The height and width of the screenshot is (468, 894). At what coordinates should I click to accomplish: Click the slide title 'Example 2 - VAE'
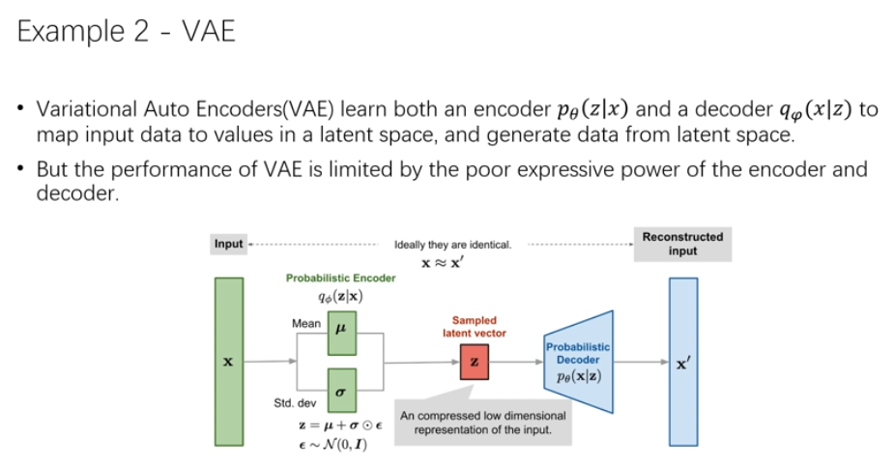127,33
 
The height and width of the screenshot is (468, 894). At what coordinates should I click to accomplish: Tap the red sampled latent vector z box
473,361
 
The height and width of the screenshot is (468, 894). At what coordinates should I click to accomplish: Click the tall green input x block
229,361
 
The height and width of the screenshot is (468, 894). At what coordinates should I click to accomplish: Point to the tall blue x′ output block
682,361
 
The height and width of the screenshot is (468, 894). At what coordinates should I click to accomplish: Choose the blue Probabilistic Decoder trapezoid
578,361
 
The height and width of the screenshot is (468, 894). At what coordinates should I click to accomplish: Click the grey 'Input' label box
228,244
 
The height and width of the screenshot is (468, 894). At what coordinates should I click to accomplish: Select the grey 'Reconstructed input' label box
681,244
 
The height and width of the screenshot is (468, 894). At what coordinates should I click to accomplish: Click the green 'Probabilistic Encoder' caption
340,278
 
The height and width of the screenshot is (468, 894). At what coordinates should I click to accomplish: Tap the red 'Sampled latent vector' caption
474,326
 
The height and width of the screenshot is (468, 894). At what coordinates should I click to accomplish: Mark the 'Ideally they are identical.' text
452,245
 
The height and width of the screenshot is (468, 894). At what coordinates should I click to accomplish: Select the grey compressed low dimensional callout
482,422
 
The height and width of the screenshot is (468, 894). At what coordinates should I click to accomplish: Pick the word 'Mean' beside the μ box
306,323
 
